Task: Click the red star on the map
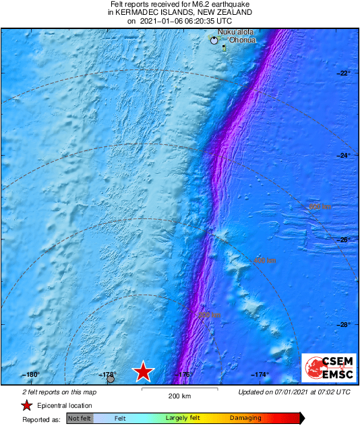143,371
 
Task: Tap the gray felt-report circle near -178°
111,379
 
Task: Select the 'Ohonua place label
241,40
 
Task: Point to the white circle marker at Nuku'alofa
214,40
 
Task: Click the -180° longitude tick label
31,375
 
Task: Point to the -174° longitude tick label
261,375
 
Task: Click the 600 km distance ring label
320,206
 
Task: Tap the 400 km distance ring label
265,260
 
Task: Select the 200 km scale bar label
179,396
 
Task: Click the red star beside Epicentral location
26,406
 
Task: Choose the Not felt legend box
80,419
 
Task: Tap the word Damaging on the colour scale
245,419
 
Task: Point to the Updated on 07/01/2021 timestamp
295,392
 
